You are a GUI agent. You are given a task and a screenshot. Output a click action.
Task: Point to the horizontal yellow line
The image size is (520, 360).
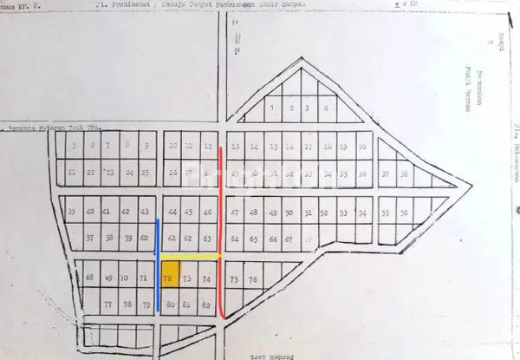click(x=191, y=258)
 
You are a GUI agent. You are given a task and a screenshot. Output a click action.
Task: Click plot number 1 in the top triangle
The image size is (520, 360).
click(x=272, y=108)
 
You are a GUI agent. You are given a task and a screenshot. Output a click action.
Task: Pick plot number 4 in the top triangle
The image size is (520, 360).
click(x=325, y=108)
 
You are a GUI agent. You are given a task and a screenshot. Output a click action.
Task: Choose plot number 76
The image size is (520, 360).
click(x=253, y=279)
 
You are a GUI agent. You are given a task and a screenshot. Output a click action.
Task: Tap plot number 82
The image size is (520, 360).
click(x=206, y=304)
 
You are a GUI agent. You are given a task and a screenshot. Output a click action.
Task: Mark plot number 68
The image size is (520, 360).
click(x=90, y=278)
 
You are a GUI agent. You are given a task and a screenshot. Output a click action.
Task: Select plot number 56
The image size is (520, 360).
click(x=404, y=212)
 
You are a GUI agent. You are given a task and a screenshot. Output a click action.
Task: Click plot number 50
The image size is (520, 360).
click(x=289, y=213)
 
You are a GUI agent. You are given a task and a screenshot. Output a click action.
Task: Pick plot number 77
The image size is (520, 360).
click(x=108, y=304)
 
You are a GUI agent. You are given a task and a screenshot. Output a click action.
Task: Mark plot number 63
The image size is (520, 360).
click(x=206, y=238)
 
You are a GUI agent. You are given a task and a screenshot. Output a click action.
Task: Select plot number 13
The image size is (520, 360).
click(x=234, y=147)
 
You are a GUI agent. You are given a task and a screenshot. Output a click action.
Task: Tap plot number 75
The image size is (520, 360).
click(x=234, y=279)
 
